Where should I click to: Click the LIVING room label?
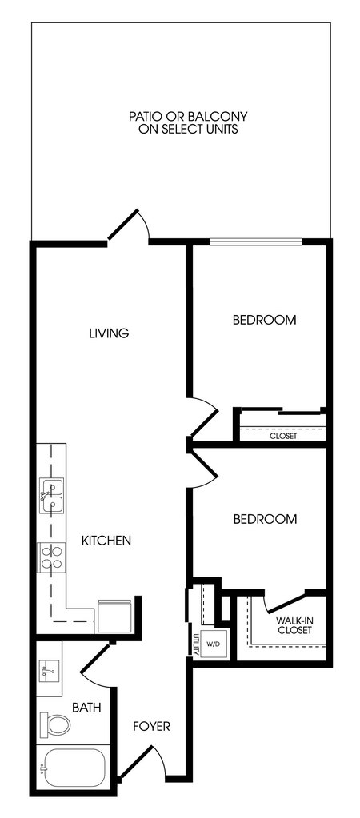109,333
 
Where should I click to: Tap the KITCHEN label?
106,541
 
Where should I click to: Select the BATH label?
86,708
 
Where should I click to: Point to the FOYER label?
151,726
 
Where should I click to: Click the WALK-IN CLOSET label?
294,625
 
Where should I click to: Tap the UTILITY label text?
195,644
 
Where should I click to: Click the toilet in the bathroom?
54,724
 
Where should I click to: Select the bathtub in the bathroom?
73,768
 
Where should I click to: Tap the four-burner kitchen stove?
51,557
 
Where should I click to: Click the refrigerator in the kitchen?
114,616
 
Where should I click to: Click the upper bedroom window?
256,241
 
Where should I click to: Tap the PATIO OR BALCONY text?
188,122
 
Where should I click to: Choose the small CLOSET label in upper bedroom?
283,436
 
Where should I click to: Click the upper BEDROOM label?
265,320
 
